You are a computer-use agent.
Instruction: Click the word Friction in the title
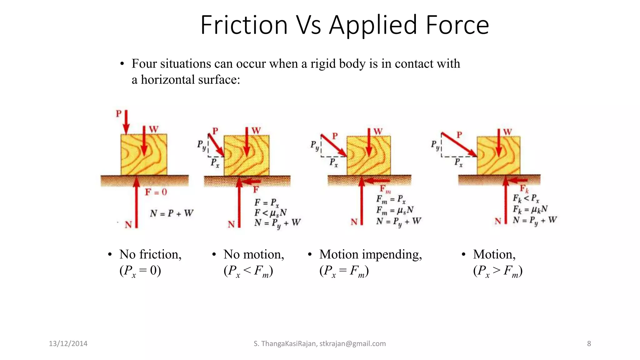pos(244,25)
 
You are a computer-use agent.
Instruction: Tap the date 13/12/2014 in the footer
pos(68,344)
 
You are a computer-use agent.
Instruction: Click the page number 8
pos(589,344)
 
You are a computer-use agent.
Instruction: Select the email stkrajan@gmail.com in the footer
pos(352,344)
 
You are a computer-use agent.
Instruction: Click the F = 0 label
pos(156,192)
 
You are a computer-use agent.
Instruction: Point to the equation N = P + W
pos(172,213)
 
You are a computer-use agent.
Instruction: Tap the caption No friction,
pos(150,254)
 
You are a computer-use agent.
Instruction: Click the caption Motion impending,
pos(370,254)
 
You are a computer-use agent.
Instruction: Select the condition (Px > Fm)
pos(498,271)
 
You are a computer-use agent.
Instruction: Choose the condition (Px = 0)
pos(140,271)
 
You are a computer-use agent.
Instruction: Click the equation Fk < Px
pos(526,198)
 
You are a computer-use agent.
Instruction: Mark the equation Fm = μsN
pos(395,210)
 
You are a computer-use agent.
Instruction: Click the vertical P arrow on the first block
pos(126,122)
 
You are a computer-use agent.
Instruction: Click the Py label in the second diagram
pos(202,145)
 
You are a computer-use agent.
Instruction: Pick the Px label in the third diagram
pos(334,162)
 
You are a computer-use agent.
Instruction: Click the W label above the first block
pos(153,129)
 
